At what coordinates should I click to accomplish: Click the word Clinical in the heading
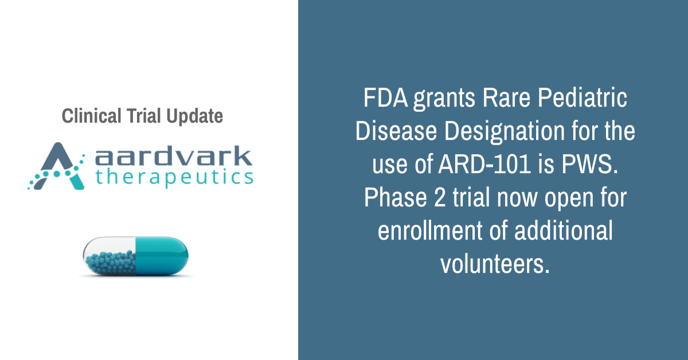click(x=92, y=116)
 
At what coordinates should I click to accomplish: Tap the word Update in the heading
click(x=195, y=116)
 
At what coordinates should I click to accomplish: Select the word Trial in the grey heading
click(x=144, y=116)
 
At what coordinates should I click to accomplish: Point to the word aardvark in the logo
click(x=174, y=156)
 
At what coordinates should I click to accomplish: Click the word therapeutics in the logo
click(x=174, y=177)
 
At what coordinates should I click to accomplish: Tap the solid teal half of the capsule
click(x=162, y=256)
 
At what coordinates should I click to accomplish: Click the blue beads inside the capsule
click(x=111, y=263)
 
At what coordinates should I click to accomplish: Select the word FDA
click(x=386, y=98)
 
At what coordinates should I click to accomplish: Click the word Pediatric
click(x=583, y=98)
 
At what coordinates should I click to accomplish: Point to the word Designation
click(x=505, y=132)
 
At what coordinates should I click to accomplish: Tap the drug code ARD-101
click(x=484, y=164)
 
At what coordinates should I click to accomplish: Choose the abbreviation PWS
click(x=590, y=164)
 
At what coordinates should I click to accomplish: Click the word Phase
click(x=396, y=198)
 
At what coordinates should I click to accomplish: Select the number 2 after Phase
click(x=440, y=198)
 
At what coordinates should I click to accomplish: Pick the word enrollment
click(x=430, y=230)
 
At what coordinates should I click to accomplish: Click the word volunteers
click(x=495, y=264)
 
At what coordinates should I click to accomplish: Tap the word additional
click(x=564, y=230)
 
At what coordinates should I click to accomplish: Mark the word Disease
click(x=396, y=131)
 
